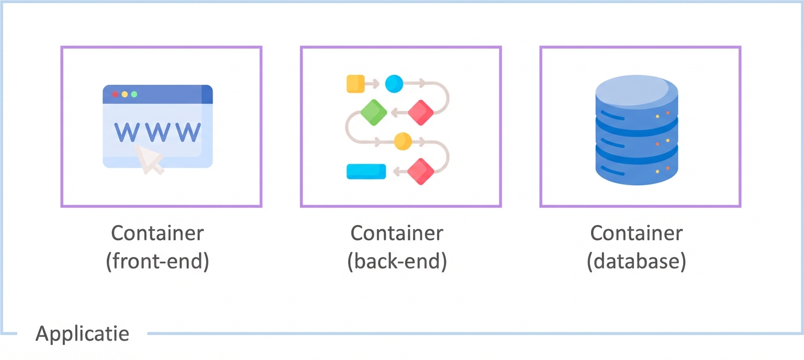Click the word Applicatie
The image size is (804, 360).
pos(82,333)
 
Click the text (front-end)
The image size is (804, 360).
pos(158,262)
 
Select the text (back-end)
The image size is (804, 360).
pos(397,262)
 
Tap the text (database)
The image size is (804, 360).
pos(636,262)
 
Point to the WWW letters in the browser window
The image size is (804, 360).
pos(157,132)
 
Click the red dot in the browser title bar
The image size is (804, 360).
pos(115,94)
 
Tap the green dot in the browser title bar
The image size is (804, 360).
pos(134,94)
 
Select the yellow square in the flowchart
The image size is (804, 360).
pos(355,84)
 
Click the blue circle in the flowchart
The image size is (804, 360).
pos(394,84)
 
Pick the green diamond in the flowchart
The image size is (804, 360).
pos(374,112)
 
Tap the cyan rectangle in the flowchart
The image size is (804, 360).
pos(366,172)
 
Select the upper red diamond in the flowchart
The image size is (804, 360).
pos(421,112)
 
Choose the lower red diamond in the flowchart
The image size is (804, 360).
pos(421,171)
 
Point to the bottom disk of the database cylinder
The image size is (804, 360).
pos(636,167)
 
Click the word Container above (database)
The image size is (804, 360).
pos(636,233)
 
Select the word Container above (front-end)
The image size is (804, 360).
pos(158,233)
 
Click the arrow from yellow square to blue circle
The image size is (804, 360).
pos(373,84)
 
